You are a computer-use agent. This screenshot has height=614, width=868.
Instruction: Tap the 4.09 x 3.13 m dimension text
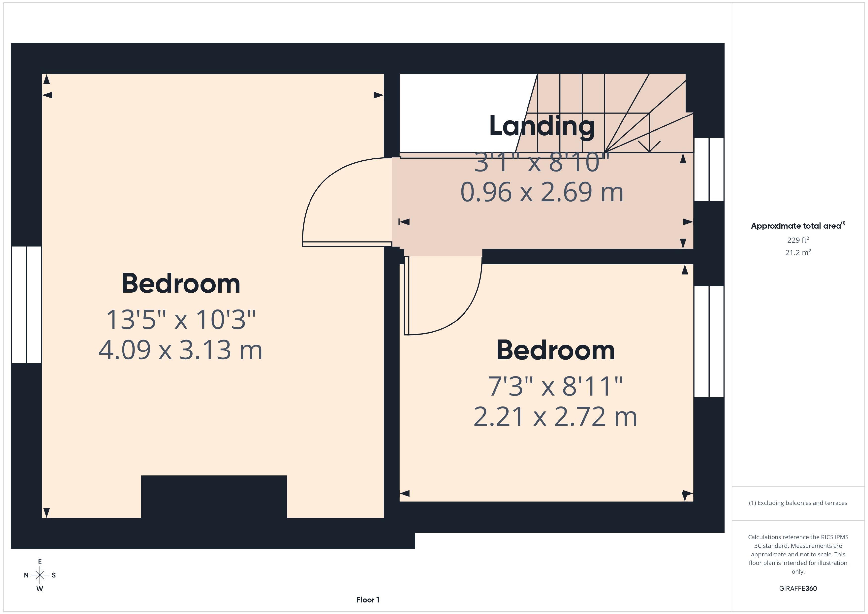[180, 350]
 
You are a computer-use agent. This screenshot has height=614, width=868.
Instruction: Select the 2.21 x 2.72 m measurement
[555, 417]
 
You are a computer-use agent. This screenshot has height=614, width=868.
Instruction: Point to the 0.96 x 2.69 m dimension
[542, 192]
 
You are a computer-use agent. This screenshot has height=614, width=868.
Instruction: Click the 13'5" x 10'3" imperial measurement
[181, 320]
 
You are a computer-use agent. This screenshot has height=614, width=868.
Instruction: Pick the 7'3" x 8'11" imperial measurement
[555, 386]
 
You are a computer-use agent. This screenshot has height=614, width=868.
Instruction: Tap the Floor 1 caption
[368, 600]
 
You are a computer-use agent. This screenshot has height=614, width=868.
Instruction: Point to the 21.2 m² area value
[798, 252]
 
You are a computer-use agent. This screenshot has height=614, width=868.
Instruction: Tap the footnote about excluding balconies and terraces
[798, 503]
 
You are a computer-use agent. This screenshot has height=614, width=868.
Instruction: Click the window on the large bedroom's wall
[27, 305]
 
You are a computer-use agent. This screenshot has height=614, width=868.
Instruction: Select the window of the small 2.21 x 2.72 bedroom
[709, 341]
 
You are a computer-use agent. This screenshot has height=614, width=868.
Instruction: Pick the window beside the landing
[709, 169]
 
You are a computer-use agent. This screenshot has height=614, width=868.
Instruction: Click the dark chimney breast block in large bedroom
[214, 497]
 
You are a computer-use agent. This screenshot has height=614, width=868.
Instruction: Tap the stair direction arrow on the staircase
[649, 132]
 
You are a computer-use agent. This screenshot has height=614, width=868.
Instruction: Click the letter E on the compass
[40, 561]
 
